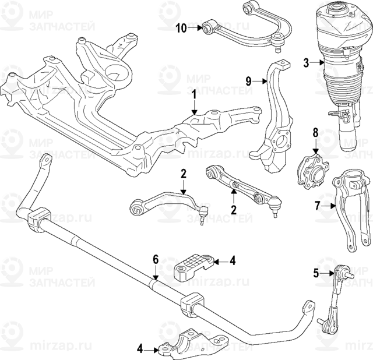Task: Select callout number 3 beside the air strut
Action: click(x=307, y=62)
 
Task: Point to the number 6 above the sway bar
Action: click(x=156, y=259)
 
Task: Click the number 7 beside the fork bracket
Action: click(x=318, y=204)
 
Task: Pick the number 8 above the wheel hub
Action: click(x=315, y=132)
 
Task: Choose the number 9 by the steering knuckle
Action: click(x=249, y=82)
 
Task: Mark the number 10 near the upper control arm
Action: click(x=181, y=27)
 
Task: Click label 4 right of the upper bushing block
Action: click(x=232, y=260)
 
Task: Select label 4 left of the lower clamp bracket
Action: click(x=140, y=350)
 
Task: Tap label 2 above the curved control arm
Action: click(x=183, y=173)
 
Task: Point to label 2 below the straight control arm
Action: click(x=233, y=210)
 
